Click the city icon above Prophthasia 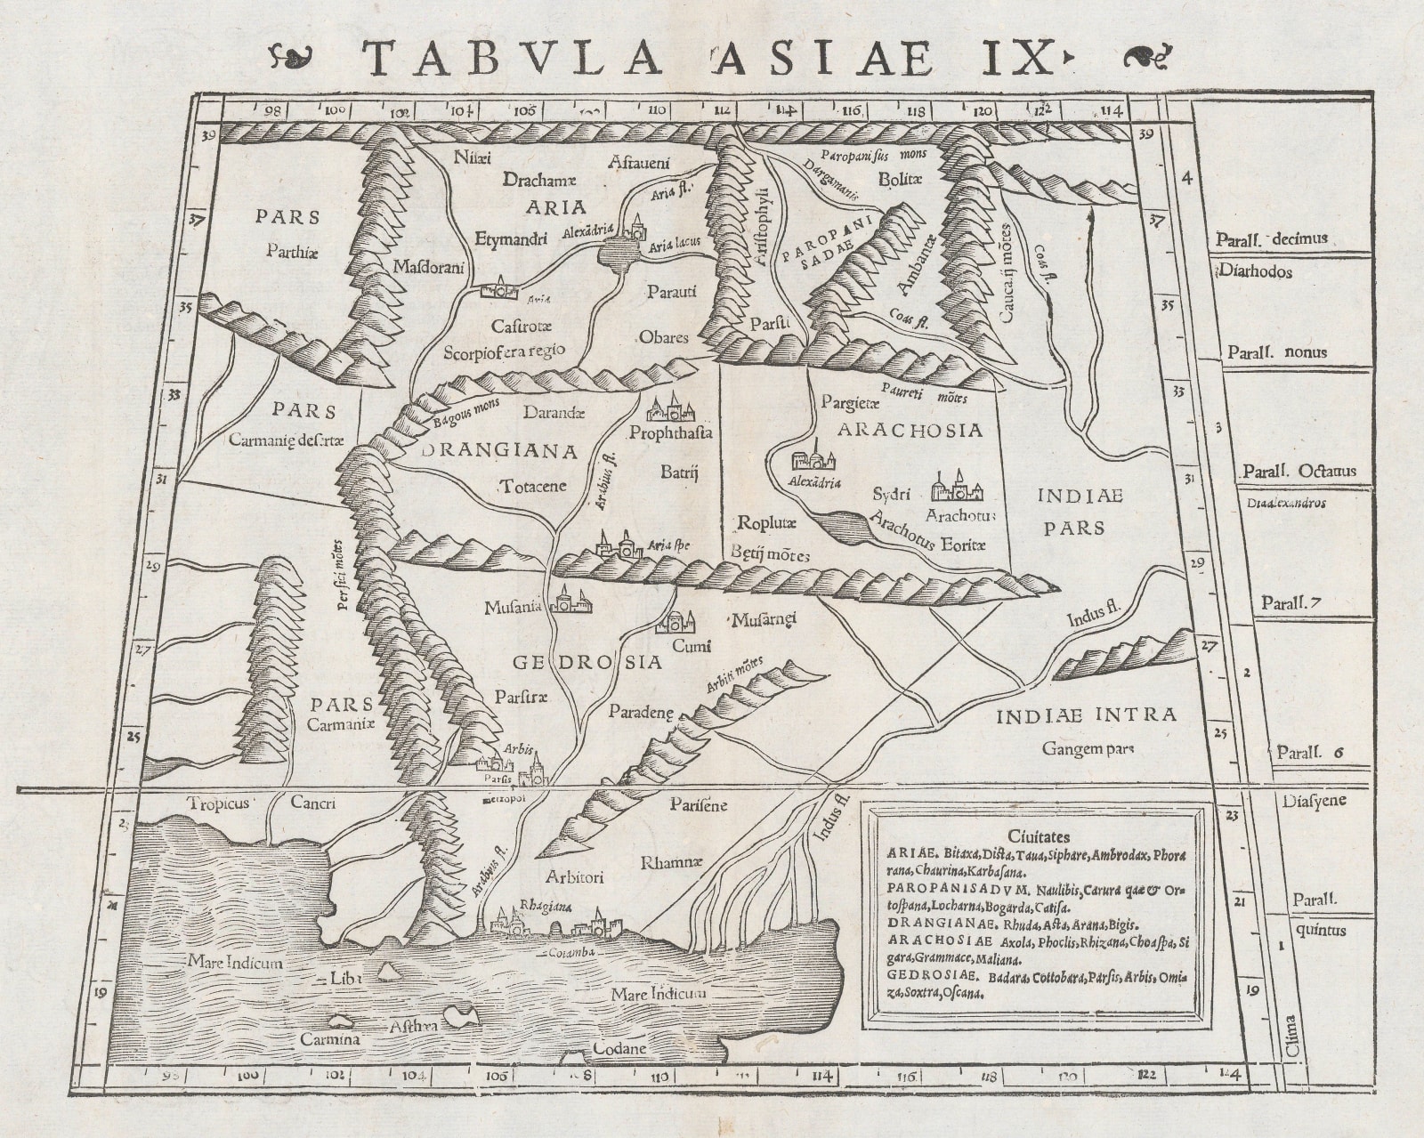tap(673, 409)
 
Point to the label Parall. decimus tap(1277, 238)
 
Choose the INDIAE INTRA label tap(1086, 714)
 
